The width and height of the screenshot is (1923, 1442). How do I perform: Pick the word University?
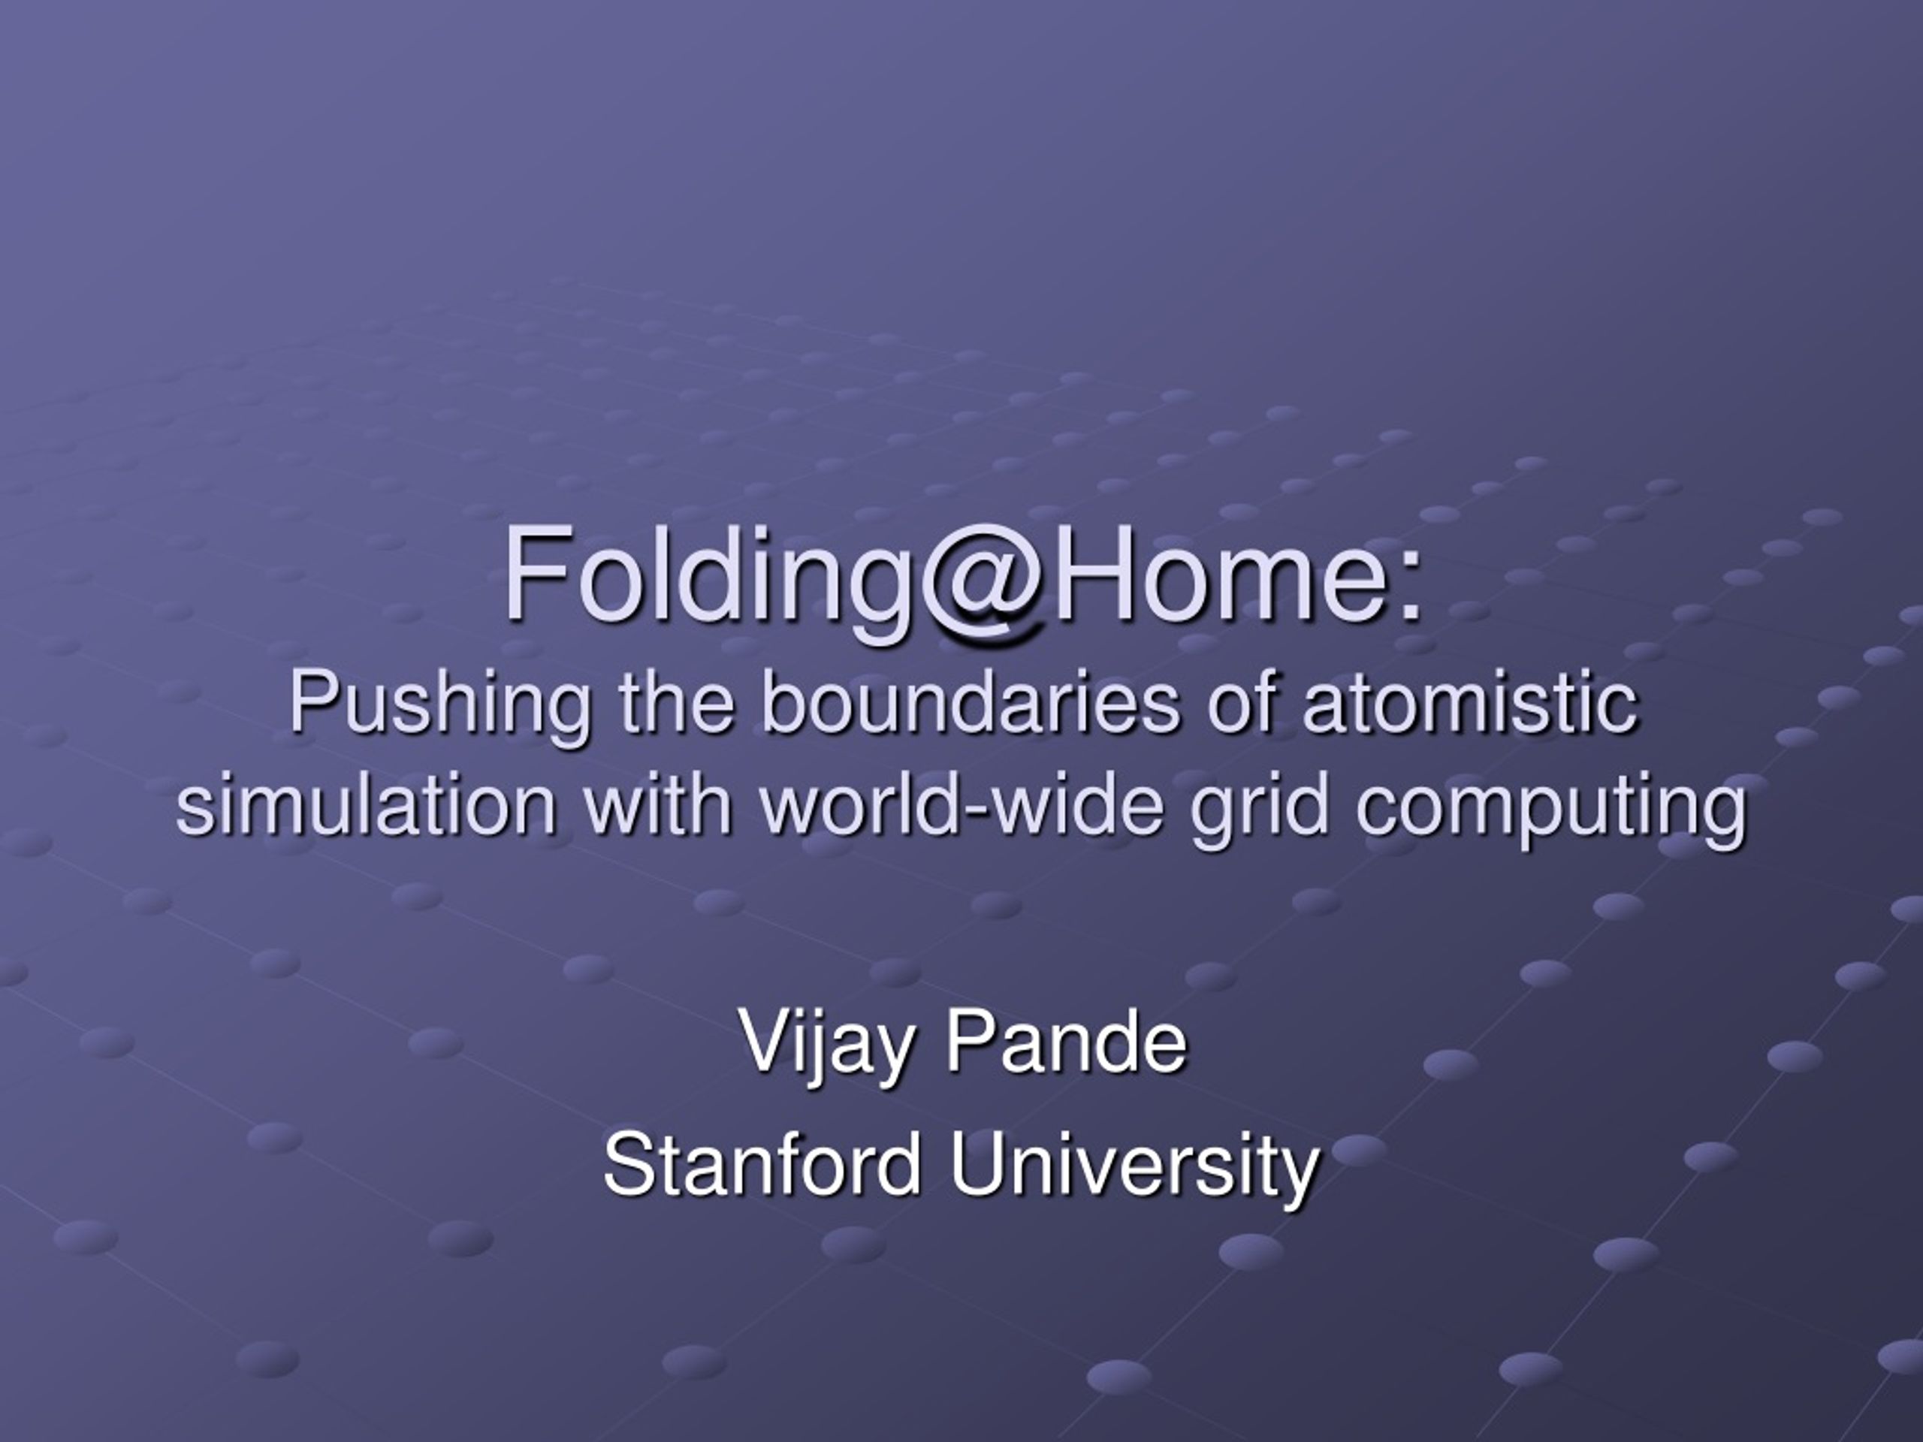tap(1134, 1169)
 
